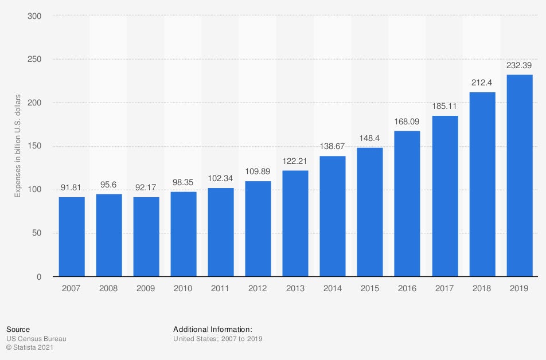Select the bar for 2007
(x=72, y=237)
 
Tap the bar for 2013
(x=295, y=224)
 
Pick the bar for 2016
(x=408, y=204)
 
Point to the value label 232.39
(x=520, y=65)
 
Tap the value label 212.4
(x=482, y=83)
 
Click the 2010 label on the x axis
(x=184, y=288)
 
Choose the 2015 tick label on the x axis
(x=370, y=288)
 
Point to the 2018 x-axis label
(x=482, y=288)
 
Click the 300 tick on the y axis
(x=34, y=16)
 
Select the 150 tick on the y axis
(x=34, y=146)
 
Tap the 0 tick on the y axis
(x=38, y=277)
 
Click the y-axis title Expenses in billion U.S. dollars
(x=18, y=146)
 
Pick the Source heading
(x=18, y=329)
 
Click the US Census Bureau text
(x=36, y=339)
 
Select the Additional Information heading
(x=213, y=329)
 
